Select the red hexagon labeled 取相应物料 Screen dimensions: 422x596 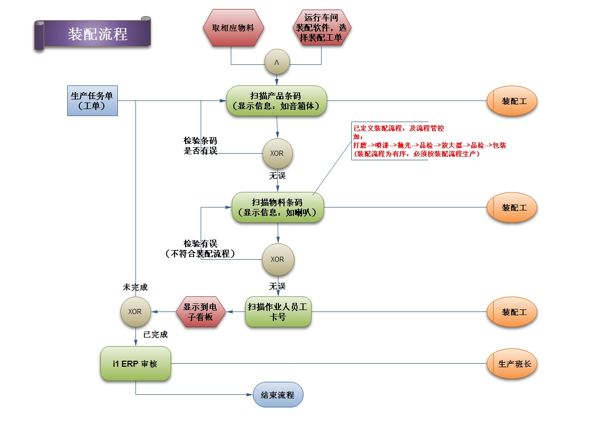pos(233,28)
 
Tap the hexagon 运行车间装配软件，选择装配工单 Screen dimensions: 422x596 pos(321,28)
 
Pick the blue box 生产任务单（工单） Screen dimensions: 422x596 pos(92,101)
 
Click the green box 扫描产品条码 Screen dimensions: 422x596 pos(276,101)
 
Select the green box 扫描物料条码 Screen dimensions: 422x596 pos(277,207)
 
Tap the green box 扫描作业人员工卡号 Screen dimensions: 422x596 pos(278,312)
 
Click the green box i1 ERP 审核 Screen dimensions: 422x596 pos(135,363)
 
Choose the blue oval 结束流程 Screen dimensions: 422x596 pos(278,395)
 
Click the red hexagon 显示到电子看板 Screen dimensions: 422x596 pos(201,312)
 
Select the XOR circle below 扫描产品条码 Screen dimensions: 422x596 pos(277,153)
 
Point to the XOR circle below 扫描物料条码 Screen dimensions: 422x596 pos(277,259)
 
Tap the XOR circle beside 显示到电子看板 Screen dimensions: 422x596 pos(135,311)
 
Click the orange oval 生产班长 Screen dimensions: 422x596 pos(512,364)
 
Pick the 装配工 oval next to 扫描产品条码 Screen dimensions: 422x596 pos(512,101)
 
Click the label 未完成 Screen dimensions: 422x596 pos(135,287)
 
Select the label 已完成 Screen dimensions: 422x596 pos(156,335)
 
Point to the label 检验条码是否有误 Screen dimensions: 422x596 pos(201,146)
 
